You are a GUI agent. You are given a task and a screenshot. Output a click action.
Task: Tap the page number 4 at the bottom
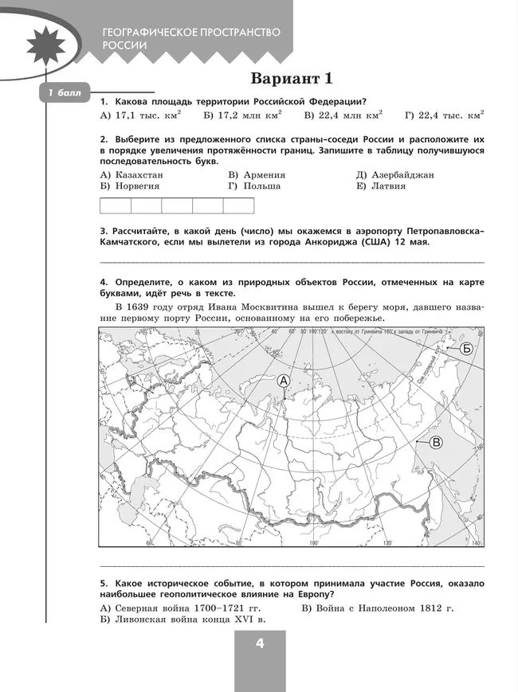pyautogui.click(x=259, y=644)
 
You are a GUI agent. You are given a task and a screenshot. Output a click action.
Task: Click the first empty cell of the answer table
pyautogui.click(x=115, y=206)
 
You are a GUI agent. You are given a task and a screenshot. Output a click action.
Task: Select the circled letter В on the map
pyautogui.click(x=436, y=443)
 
